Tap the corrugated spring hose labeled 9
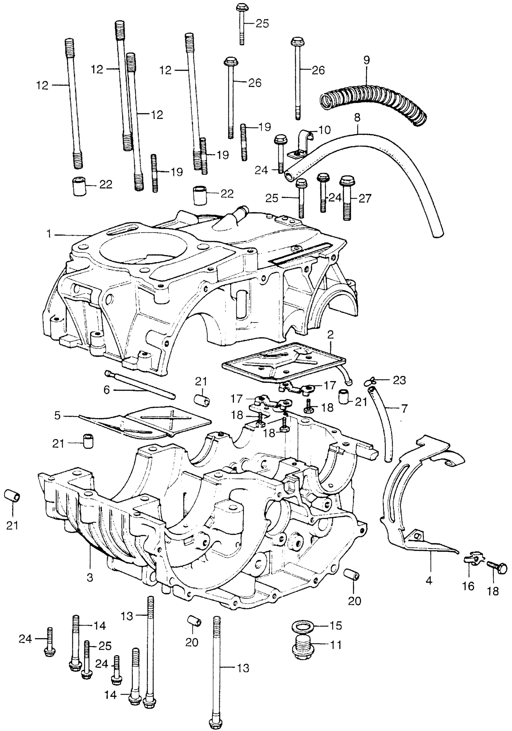click(372, 101)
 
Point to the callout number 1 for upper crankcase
click(49, 234)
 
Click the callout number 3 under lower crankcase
click(90, 578)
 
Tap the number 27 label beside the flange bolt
click(365, 199)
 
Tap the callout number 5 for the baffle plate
click(57, 416)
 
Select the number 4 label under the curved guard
click(429, 581)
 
